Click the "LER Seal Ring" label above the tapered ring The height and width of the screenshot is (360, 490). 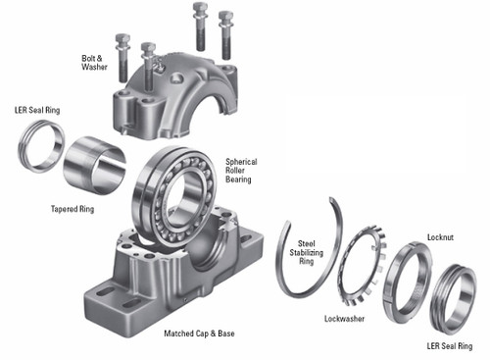(x=36, y=110)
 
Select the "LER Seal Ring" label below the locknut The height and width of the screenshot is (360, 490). (x=450, y=345)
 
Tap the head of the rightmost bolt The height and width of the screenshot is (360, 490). (x=227, y=17)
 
